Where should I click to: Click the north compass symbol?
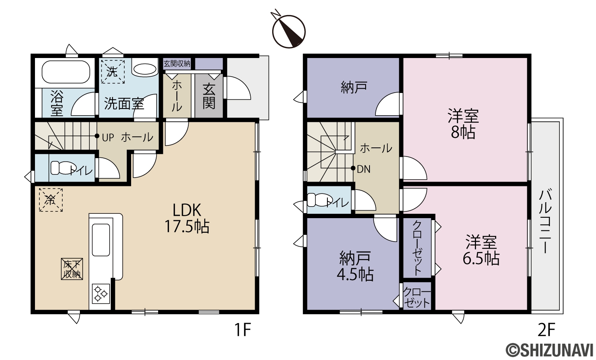point(289,31)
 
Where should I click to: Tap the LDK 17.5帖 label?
point(187,218)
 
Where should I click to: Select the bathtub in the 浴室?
point(66,72)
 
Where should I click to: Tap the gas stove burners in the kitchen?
point(101,294)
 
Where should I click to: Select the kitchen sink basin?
point(101,240)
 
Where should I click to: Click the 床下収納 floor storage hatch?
point(72,269)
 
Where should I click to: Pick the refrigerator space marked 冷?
point(51,200)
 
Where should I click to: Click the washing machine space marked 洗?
point(113,72)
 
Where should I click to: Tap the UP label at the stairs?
point(108,137)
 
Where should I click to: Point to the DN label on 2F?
point(364,169)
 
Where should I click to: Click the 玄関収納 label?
point(177,64)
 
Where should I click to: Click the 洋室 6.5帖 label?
point(481,250)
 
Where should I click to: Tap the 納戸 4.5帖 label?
point(355,266)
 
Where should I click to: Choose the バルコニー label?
point(545,221)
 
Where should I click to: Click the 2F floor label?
point(546,330)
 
